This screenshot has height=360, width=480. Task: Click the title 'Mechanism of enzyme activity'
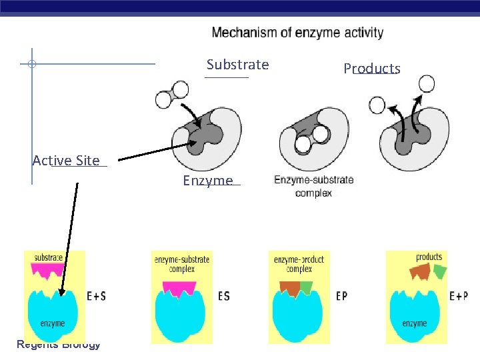click(297, 33)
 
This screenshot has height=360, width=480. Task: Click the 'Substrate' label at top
click(237, 65)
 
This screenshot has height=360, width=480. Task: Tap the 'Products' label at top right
click(371, 69)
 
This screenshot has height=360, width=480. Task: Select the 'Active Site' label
click(66, 160)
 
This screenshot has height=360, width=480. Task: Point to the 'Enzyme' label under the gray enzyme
click(208, 181)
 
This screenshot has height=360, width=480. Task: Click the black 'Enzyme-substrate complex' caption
click(313, 186)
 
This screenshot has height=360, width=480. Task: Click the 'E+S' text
click(96, 295)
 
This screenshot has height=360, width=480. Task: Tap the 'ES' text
click(223, 295)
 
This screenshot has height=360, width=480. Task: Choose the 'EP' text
click(341, 295)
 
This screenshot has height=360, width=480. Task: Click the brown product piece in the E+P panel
click(420, 271)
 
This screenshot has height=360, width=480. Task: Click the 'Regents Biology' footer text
click(59, 344)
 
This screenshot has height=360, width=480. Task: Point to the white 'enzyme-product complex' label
click(299, 265)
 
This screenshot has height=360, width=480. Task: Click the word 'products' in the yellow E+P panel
click(429, 257)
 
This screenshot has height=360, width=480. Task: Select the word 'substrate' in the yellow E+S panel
click(49, 257)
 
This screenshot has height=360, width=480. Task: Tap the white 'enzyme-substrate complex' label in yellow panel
click(181, 265)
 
